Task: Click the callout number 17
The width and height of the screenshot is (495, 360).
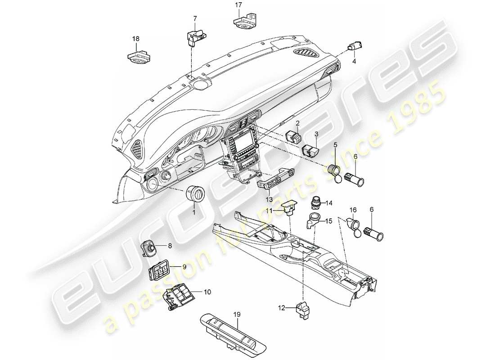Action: [x=238, y=5]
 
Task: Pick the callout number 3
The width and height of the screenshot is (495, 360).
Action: [x=316, y=134]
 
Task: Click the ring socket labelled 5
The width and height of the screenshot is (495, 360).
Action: [x=335, y=172]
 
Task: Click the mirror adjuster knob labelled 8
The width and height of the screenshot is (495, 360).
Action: [x=149, y=247]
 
